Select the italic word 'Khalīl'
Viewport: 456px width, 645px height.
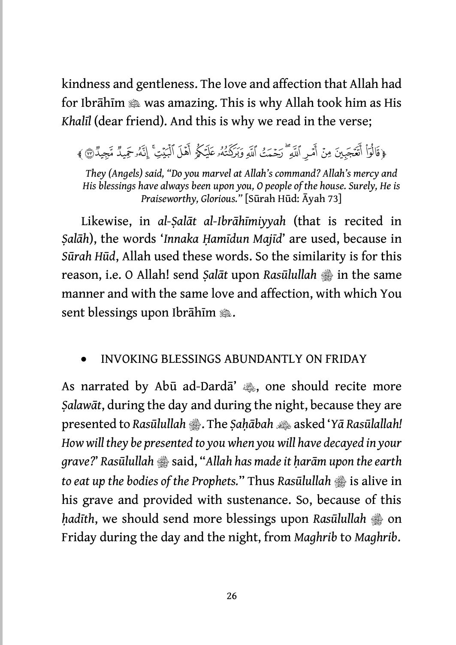(75, 121)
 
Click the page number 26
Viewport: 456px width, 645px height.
(231, 596)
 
